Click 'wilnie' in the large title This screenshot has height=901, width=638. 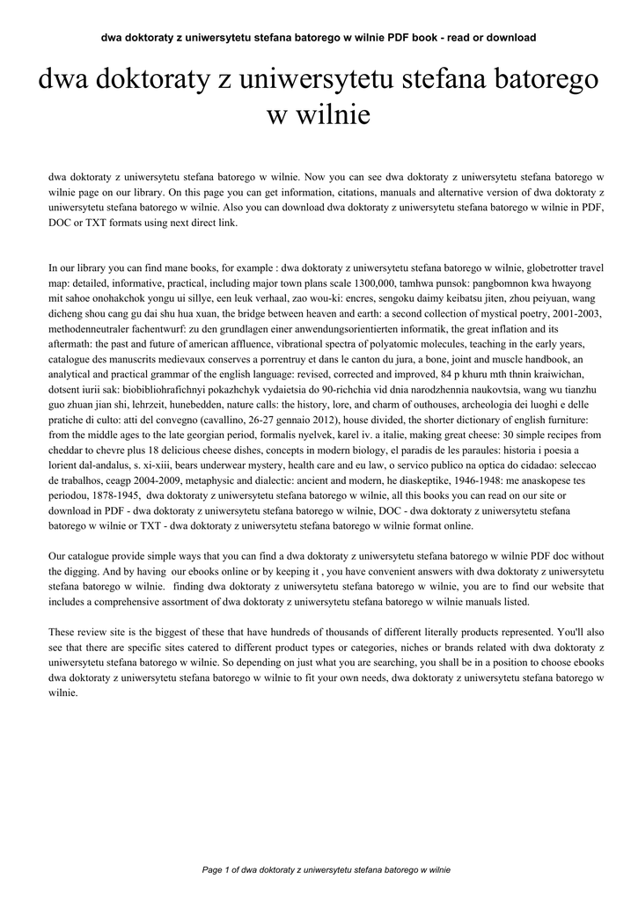(x=319, y=114)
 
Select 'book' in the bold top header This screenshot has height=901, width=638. (x=435, y=38)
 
